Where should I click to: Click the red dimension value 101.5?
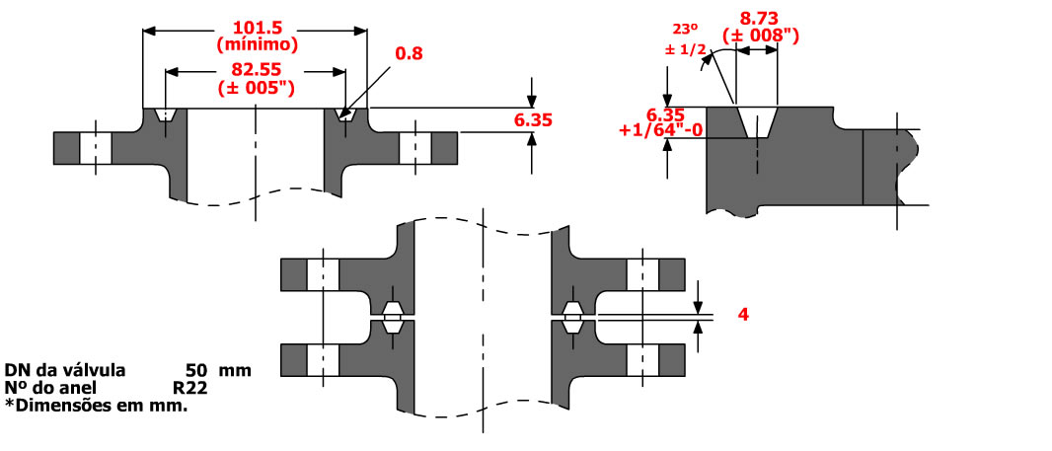pos(256,28)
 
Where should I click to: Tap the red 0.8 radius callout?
pos(409,53)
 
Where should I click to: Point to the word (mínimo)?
pos(256,43)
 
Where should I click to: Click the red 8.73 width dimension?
pos(761,18)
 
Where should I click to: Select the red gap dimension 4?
pos(744,315)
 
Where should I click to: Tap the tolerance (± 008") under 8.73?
pos(761,36)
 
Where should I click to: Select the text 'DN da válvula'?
pos(65,371)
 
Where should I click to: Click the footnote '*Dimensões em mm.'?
pos(95,405)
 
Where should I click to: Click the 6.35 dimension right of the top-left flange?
pos(533,119)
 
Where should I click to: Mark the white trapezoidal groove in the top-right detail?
pos(757,122)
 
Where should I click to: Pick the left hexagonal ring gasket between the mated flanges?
pos(391,317)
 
